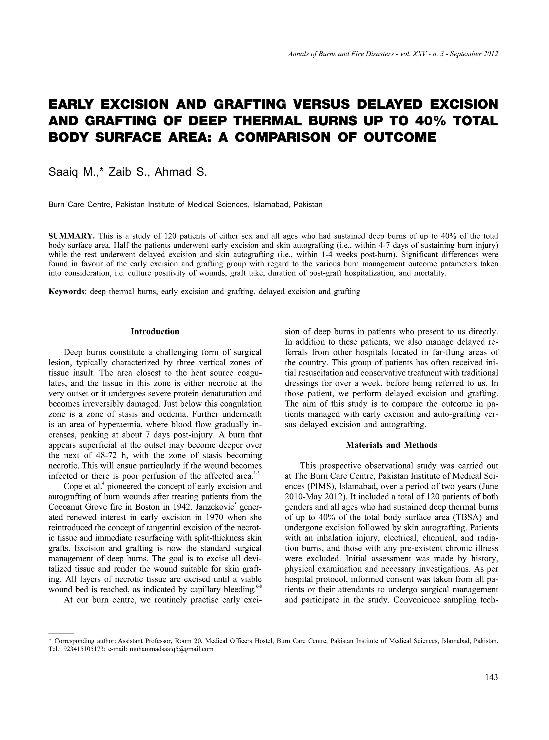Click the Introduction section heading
click(x=155, y=332)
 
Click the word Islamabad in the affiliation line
click(x=270, y=204)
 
